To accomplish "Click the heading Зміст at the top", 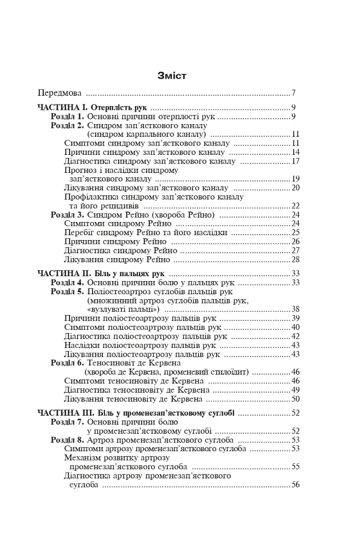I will click(171, 75).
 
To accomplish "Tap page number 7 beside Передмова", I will click(294, 93).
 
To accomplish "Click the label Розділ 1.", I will click(67, 116).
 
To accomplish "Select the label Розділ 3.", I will click(67, 215).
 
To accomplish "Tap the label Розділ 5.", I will click(67, 291).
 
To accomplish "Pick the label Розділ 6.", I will click(67, 363).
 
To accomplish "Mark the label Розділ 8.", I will click(67, 440).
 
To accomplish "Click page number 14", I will click(295, 152).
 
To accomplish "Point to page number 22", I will click(295, 206).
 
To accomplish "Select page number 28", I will click(295, 259).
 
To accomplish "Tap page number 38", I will click(295, 309).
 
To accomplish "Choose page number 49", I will click(295, 389).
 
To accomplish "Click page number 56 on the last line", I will click(295, 485).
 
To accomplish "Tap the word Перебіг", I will click(80, 232).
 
